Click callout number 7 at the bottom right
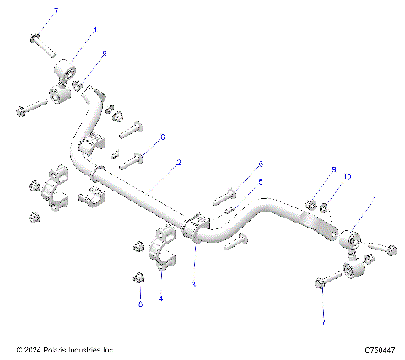coord(322,322)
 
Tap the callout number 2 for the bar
coord(178,160)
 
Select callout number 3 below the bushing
coord(193,286)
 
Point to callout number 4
coord(161,298)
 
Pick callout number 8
coord(104,54)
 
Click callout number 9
coord(334,169)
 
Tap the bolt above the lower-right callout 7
coord(324,285)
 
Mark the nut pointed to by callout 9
coord(312,203)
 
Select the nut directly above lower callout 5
coord(139,277)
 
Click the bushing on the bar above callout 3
coord(195,228)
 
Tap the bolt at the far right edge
coord(385,248)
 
